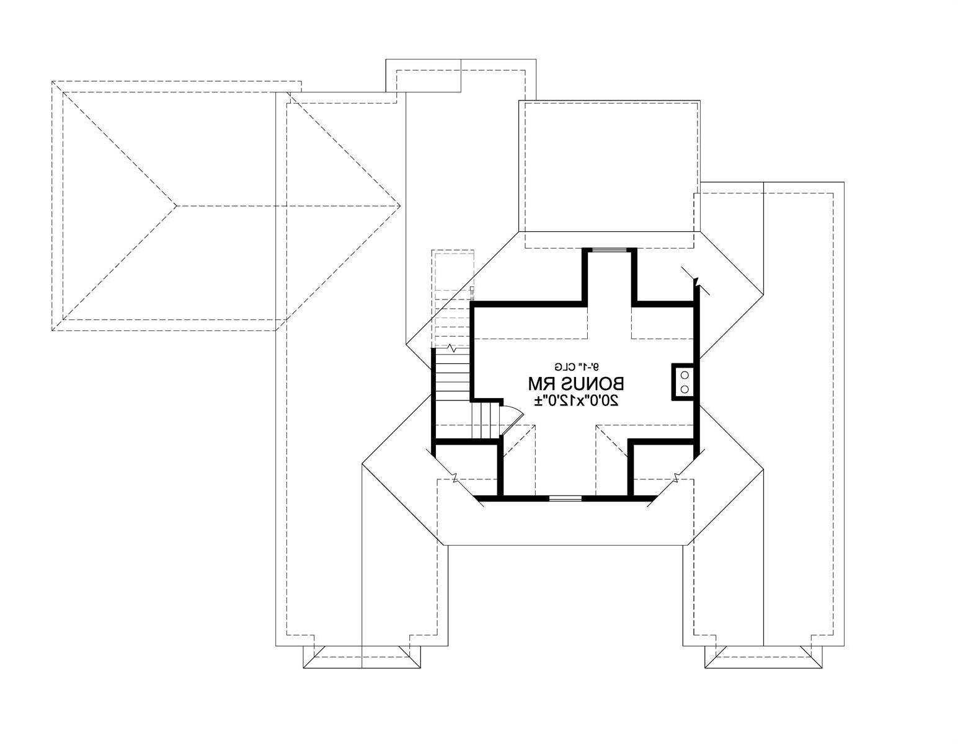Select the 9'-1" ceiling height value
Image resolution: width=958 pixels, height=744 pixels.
pyautogui.click(x=588, y=366)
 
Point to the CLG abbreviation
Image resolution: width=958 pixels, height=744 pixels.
pyautogui.click(x=565, y=366)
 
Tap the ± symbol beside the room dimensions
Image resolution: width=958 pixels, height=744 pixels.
pyautogui.click(x=539, y=401)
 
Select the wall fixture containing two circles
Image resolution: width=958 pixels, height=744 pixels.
pyautogui.click(x=683, y=382)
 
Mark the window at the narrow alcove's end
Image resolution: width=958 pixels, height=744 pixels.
pyautogui.click(x=609, y=250)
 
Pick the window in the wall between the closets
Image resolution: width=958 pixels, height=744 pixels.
pyautogui.click(x=565, y=498)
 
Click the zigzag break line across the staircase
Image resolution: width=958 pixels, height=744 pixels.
pyautogui.click(x=452, y=348)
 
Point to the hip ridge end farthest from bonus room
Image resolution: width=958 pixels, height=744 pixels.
pyautogui.click(x=176, y=205)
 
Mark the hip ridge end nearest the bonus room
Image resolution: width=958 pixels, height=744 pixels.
pyautogui.click(x=400, y=205)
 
